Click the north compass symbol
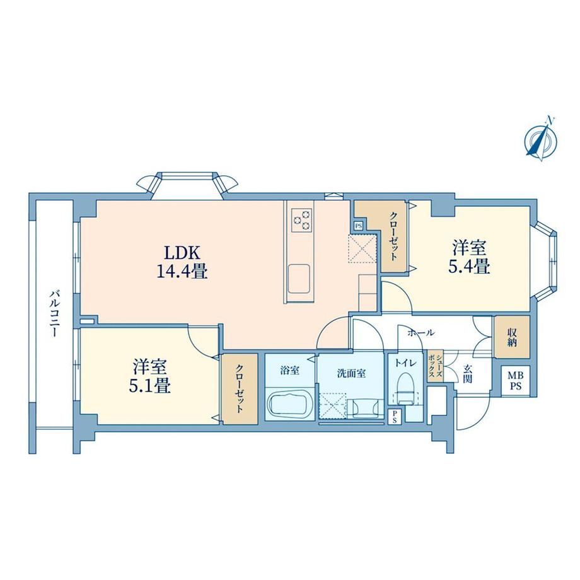click(542, 140)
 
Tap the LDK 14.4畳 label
click(182, 262)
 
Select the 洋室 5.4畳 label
click(470, 257)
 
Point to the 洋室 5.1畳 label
click(150, 376)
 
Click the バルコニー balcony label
click(55, 314)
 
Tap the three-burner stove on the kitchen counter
click(302, 220)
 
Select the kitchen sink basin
click(299, 277)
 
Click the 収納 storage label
click(512, 337)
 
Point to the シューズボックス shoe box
click(436, 366)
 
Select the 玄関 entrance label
click(468, 374)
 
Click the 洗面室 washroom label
click(351, 373)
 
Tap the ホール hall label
click(420, 333)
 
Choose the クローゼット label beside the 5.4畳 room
click(394, 236)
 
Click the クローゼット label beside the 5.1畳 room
click(240, 389)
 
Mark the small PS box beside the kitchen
click(358, 226)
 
